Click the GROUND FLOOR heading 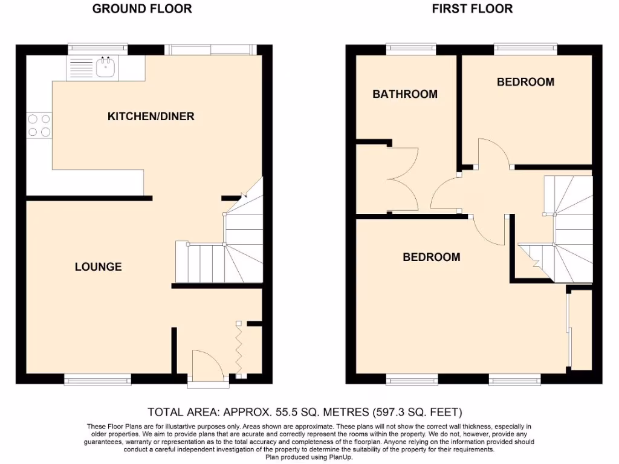[142, 8]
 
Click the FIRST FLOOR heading [473, 8]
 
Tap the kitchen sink [106, 66]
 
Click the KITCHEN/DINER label [151, 116]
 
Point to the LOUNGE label [98, 266]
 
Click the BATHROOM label [405, 94]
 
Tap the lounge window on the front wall [97, 379]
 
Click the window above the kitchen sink [98, 48]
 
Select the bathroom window [411, 48]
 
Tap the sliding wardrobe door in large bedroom [568, 329]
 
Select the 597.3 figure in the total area [393, 413]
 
